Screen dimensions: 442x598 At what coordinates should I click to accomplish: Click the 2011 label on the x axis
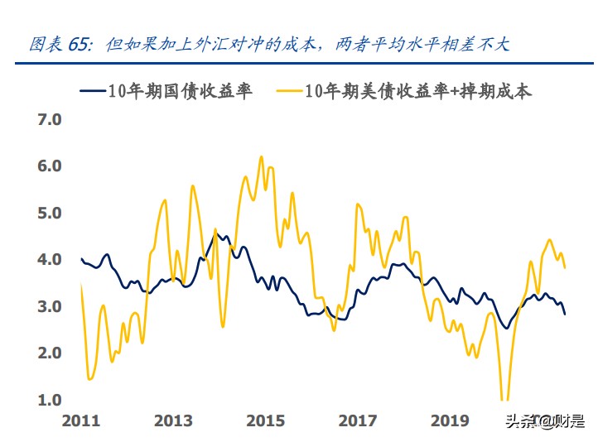pos(82,421)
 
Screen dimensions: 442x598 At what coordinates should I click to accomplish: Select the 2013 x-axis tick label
pos(175,421)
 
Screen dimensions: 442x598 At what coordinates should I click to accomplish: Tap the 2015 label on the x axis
pos(267,421)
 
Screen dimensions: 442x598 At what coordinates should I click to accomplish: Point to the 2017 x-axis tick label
pos(358,421)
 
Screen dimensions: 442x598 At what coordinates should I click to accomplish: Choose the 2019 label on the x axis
pos(451,421)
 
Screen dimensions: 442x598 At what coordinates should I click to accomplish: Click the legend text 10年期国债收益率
pos(180,91)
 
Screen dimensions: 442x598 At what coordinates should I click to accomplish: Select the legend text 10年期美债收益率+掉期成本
pos(418,91)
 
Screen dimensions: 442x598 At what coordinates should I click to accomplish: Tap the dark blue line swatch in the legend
pos(93,91)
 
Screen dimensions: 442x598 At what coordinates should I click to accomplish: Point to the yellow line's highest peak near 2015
pos(261,156)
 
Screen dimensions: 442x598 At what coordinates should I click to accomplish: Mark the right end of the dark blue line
pos(566,314)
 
